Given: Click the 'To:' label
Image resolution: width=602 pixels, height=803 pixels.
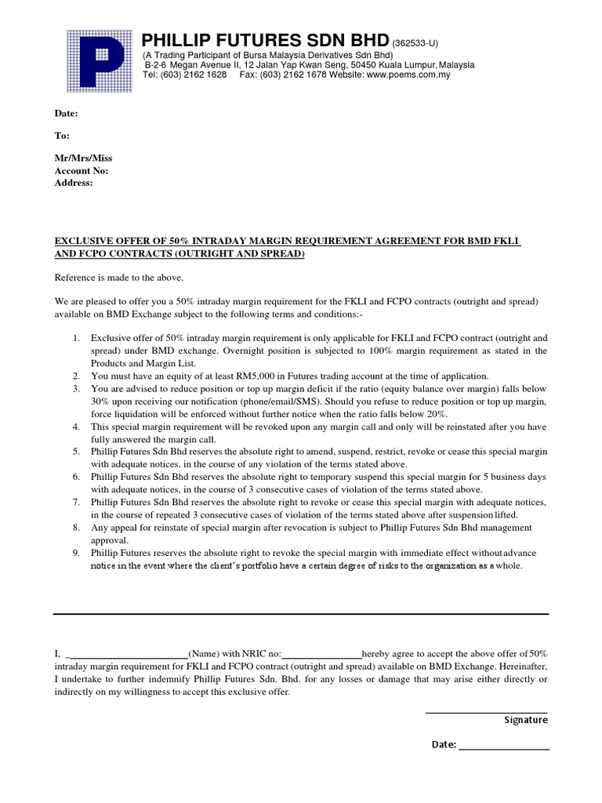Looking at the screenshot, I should tap(62, 136).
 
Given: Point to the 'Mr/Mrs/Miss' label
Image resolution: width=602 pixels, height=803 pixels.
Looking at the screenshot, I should tap(83, 158).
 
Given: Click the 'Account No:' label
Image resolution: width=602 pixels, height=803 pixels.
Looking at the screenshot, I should tap(82, 170).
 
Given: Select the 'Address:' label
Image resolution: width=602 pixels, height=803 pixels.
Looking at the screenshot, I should tap(74, 183).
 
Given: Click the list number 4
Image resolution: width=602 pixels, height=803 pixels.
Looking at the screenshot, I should tap(76, 427).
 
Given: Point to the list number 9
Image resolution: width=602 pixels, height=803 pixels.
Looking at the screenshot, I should tap(76, 553).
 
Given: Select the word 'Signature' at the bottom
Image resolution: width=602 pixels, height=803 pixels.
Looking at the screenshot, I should tap(525, 720).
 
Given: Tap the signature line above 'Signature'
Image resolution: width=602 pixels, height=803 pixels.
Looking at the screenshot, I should tap(486, 712).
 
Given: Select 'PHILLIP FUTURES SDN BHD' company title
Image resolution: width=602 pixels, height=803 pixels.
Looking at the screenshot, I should tap(265, 41).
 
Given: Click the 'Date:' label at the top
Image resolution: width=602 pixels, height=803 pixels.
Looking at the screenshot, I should tap(66, 114).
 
